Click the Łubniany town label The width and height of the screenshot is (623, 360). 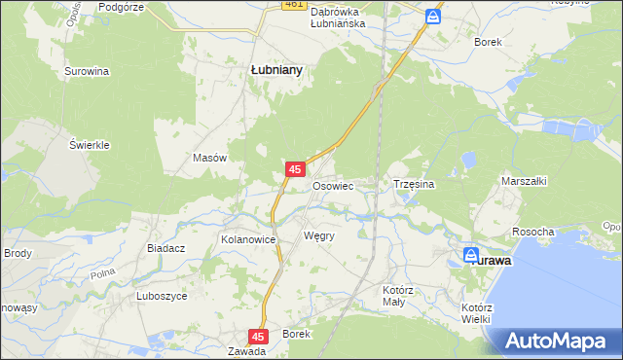276,70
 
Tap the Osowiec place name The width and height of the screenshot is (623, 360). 332,185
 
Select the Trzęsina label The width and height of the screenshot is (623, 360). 413,184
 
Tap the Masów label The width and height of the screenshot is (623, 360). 210,158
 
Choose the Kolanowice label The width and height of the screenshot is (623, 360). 249,238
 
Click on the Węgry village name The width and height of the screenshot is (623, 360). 319,236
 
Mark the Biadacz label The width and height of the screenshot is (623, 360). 166,248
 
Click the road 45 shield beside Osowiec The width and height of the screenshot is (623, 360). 294,169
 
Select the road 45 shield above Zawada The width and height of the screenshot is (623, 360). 257,336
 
